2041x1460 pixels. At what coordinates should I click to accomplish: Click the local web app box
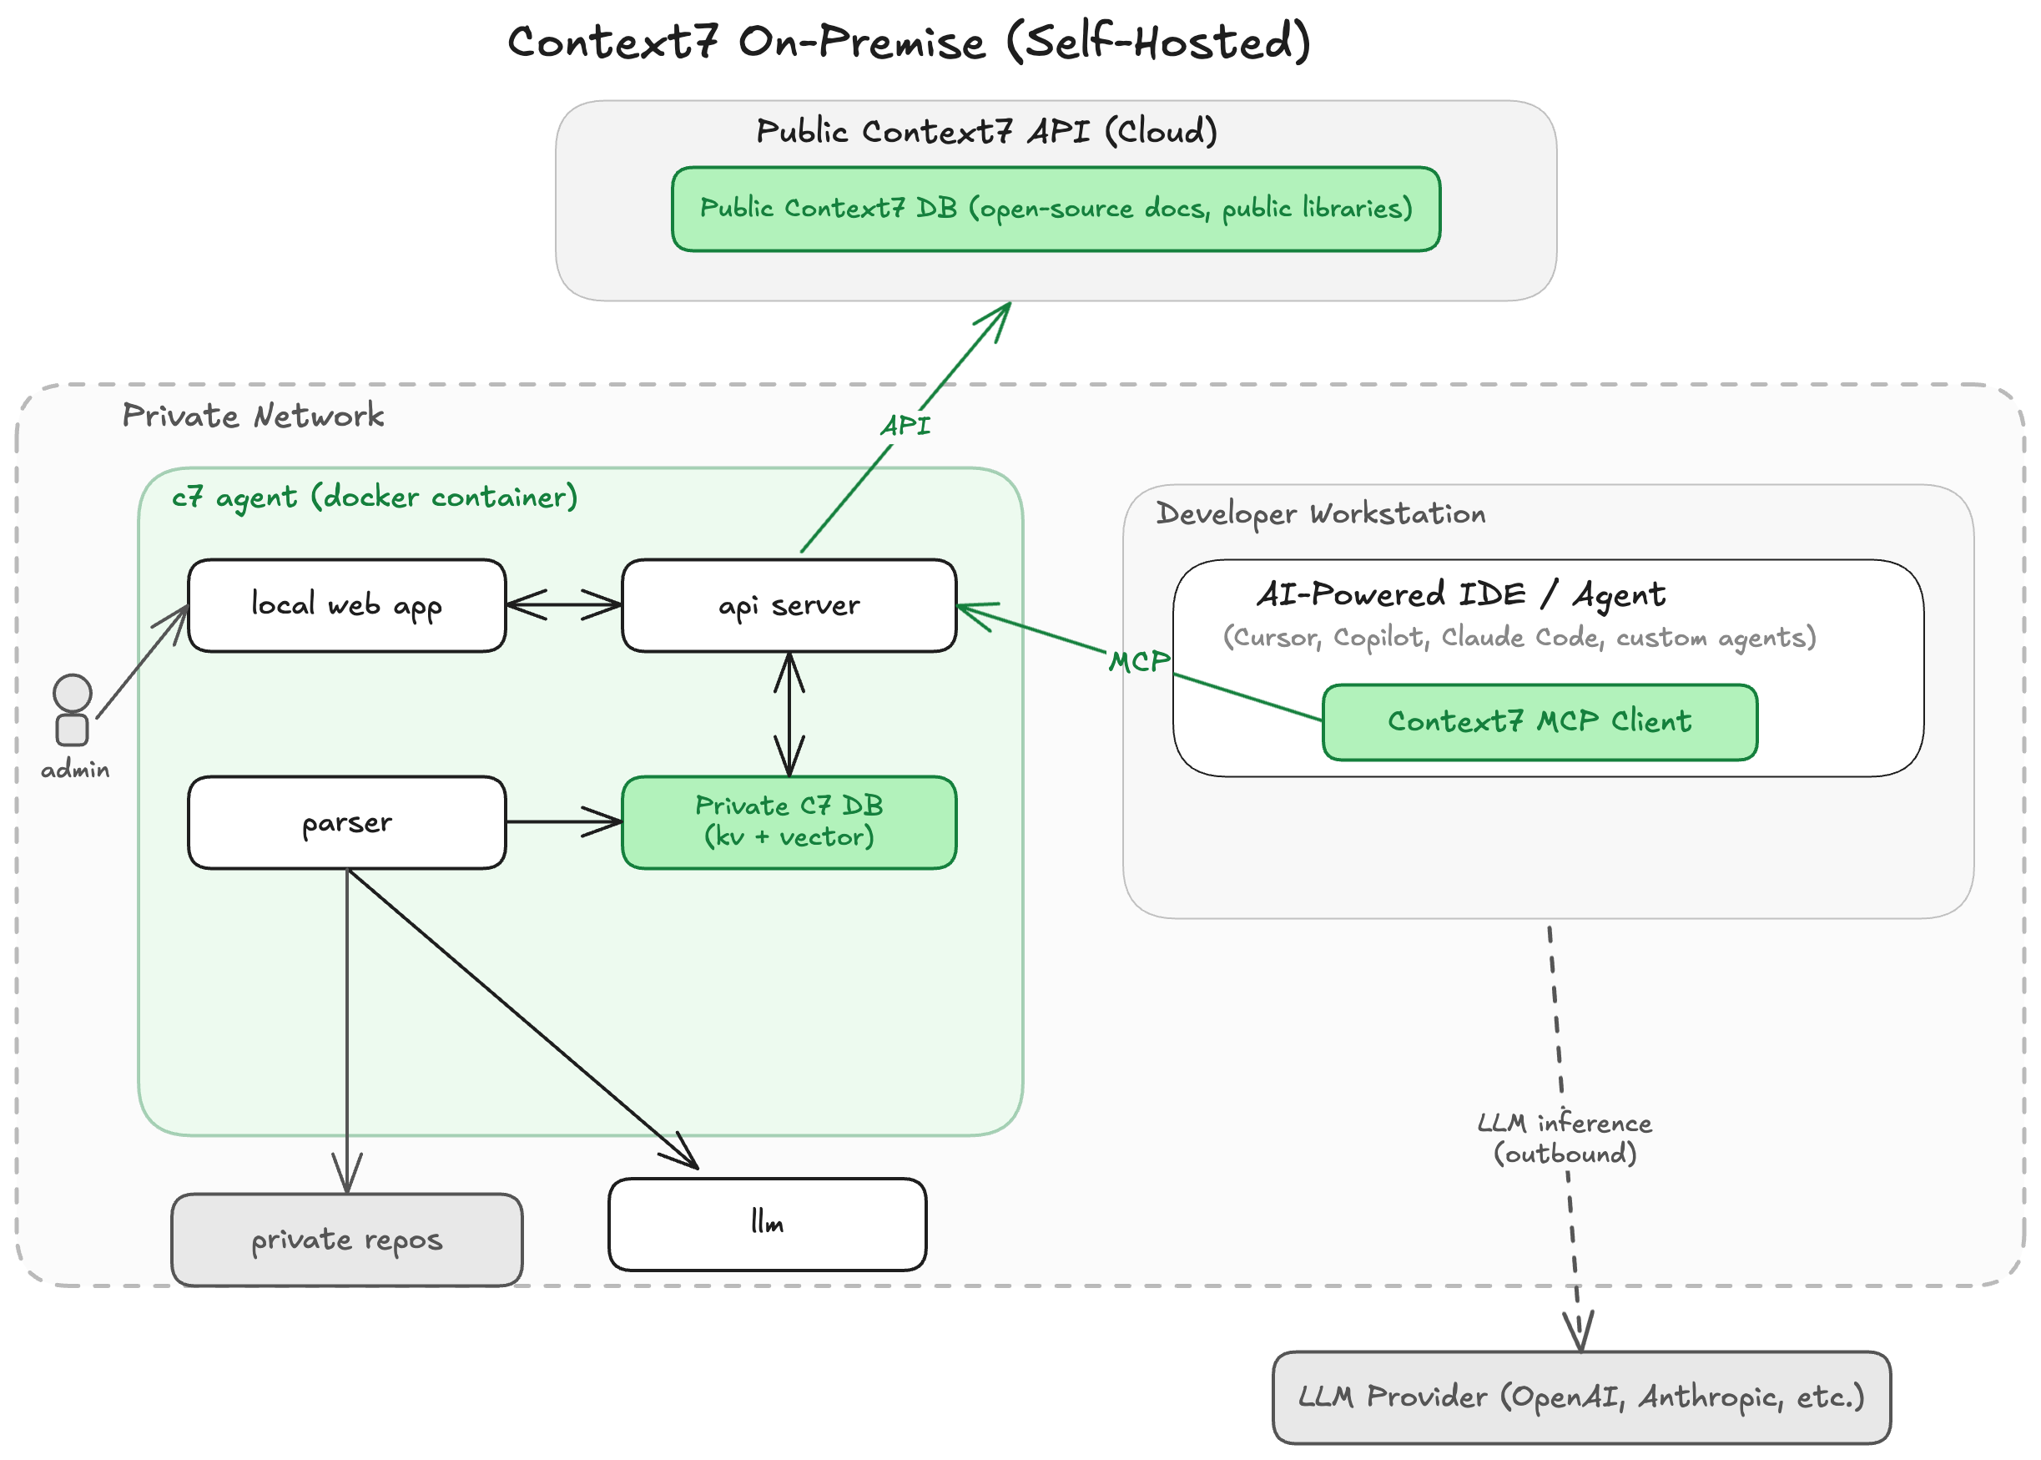(347, 605)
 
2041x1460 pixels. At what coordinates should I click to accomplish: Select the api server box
(789, 605)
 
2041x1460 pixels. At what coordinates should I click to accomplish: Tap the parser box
(347, 821)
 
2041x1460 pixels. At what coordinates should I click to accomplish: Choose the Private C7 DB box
(789, 821)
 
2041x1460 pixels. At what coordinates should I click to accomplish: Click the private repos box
(347, 1240)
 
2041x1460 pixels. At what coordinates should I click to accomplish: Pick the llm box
(767, 1224)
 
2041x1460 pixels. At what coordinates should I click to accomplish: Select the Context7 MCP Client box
(1539, 722)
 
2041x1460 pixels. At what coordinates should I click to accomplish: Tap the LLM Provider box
(1581, 1397)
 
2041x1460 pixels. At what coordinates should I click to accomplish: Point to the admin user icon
(72, 710)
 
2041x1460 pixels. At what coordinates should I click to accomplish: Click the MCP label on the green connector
(1139, 662)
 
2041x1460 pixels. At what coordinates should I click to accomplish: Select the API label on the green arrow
(905, 425)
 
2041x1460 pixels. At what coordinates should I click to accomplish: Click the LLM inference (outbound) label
(1564, 1138)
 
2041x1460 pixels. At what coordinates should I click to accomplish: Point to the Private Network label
(253, 416)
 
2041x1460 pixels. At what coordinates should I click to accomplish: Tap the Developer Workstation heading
(1320, 513)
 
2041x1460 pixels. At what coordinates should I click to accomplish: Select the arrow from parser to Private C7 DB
(563, 821)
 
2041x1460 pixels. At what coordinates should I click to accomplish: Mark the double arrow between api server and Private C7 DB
(789, 714)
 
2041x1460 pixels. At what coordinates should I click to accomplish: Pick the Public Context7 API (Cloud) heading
(986, 131)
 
